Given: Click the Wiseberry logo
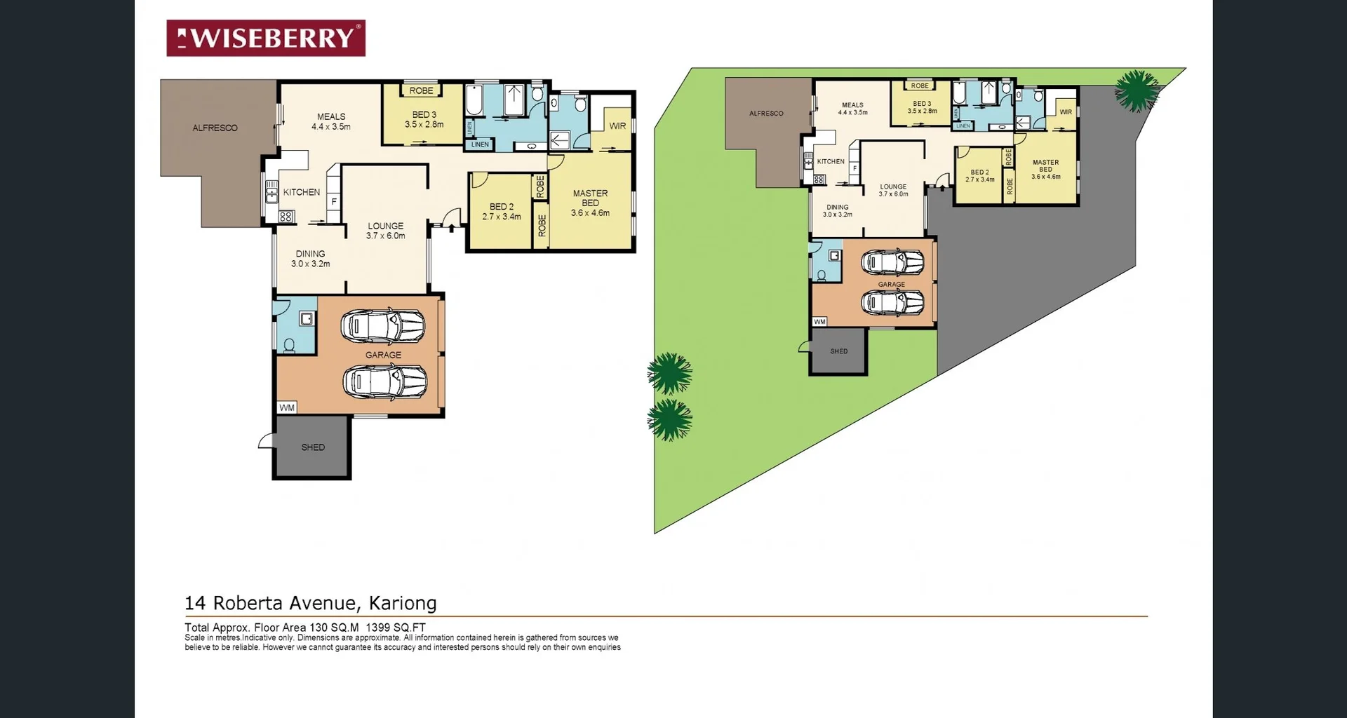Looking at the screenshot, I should pyautogui.click(x=265, y=38).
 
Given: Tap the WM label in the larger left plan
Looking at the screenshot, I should pyautogui.click(x=287, y=407).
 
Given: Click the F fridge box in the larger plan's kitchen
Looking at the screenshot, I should pyautogui.click(x=334, y=202).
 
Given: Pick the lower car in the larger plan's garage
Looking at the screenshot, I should pyautogui.click(x=384, y=382).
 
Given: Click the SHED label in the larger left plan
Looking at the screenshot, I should pyautogui.click(x=313, y=447).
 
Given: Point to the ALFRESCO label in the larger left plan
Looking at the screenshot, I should pyautogui.click(x=215, y=128).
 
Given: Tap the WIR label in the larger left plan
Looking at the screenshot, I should pyautogui.click(x=617, y=126).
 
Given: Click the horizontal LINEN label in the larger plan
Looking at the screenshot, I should pyautogui.click(x=480, y=144).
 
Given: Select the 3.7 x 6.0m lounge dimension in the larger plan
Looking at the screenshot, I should pyautogui.click(x=385, y=236).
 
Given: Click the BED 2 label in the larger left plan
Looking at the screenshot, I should pyautogui.click(x=501, y=207).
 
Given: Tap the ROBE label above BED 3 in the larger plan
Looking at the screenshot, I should pyautogui.click(x=421, y=90).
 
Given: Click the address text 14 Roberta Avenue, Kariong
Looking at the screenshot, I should pyautogui.click(x=310, y=603).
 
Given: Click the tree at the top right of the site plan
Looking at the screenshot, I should pyautogui.click(x=1137, y=91).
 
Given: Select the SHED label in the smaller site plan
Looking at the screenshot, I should pyautogui.click(x=839, y=351).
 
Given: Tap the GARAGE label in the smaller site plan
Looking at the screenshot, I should pyautogui.click(x=891, y=285).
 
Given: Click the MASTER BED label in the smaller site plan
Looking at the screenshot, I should pyautogui.click(x=1045, y=165).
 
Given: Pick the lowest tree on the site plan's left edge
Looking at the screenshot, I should pyautogui.click(x=669, y=419).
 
